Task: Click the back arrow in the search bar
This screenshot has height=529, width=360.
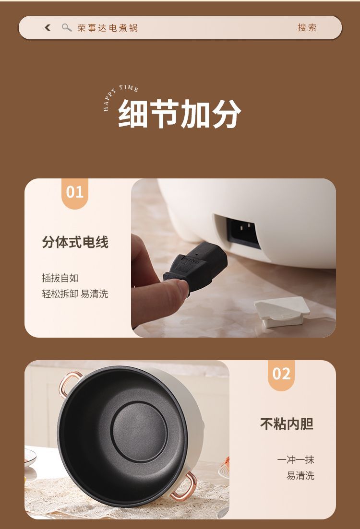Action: tap(48, 28)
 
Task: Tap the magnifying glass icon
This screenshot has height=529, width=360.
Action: tap(67, 28)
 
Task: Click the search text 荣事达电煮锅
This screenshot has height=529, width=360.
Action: tap(108, 28)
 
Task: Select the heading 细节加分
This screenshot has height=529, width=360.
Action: tap(180, 114)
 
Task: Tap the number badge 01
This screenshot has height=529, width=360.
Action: tap(74, 192)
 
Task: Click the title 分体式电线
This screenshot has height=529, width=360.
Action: tap(75, 242)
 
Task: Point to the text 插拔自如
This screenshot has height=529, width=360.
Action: tap(60, 278)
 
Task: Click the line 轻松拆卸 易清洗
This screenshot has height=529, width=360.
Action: tap(75, 294)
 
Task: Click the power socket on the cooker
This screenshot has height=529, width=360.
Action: tap(243, 232)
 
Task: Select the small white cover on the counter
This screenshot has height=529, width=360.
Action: tap(282, 311)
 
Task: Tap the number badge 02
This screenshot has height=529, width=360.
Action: tap(281, 374)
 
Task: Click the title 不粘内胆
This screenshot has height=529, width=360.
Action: tap(287, 424)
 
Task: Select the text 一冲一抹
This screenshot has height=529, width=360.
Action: tap(296, 460)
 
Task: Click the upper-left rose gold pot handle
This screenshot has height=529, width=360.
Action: tap(68, 383)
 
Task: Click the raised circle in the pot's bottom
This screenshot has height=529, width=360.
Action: tap(139, 432)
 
